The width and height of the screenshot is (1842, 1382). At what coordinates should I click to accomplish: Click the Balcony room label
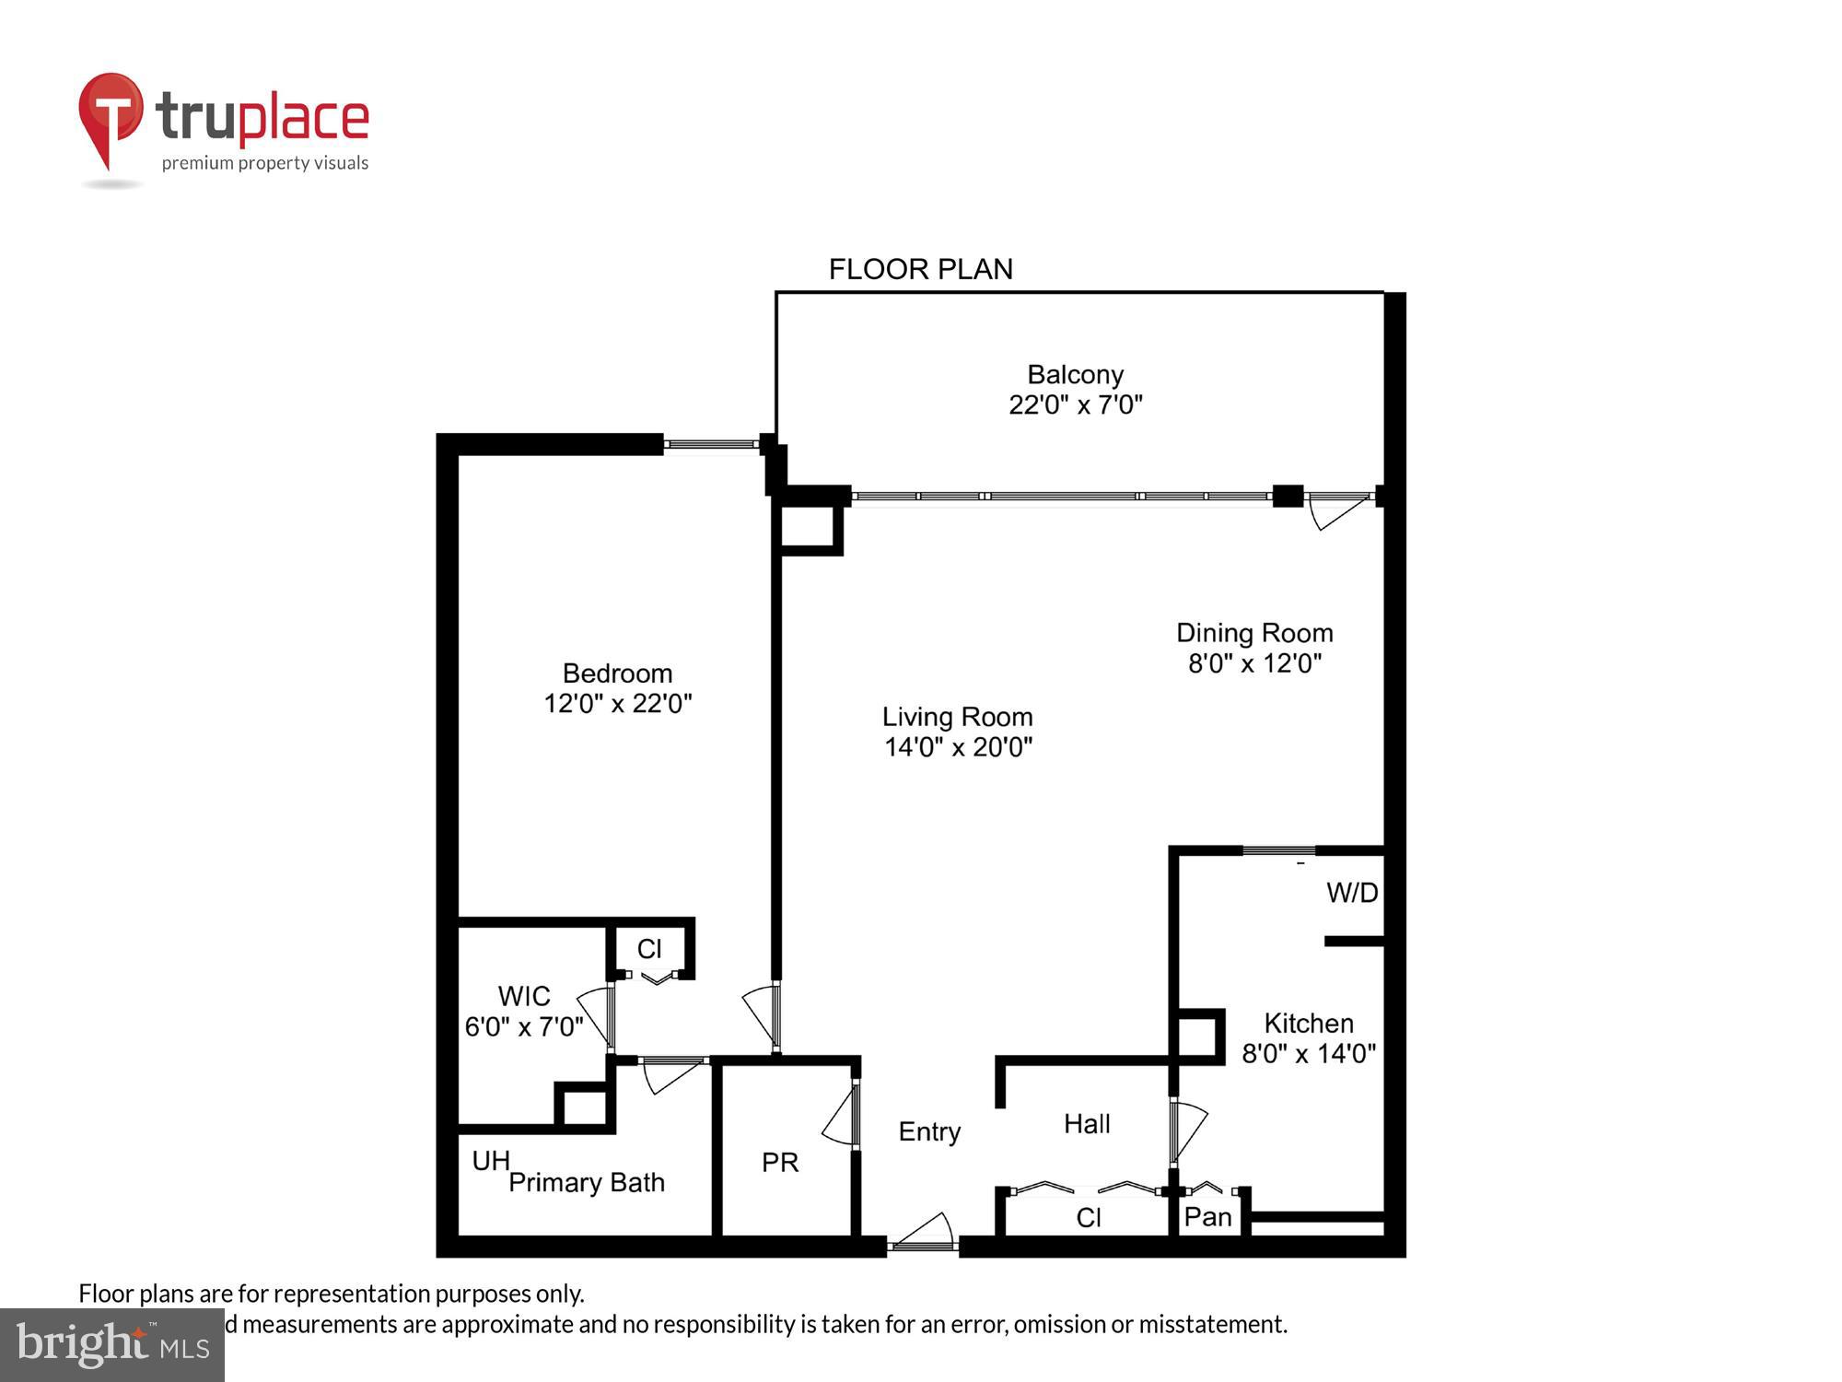click(1075, 375)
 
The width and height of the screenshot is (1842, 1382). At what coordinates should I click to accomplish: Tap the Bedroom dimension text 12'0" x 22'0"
click(617, 704)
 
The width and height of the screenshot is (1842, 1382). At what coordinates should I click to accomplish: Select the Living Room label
click(957, 717)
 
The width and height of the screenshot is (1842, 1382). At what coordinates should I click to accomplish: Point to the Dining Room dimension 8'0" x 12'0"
click(1254, 663)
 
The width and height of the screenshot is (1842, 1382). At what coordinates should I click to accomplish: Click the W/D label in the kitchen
click(1351, 892)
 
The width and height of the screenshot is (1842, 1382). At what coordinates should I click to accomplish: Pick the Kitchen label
click(1308, 1023)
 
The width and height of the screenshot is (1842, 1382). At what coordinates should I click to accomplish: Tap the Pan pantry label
click(1207, 1217)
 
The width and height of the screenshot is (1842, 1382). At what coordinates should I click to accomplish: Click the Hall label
click(1087, 1123)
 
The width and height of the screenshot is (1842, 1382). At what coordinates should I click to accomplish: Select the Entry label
click(929, 1131)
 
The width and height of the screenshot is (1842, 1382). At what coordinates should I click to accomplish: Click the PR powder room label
click(780, 1163)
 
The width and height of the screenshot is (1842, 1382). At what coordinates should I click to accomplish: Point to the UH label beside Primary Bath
click(491, 1161)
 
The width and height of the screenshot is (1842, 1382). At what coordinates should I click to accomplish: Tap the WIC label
click(524, 996)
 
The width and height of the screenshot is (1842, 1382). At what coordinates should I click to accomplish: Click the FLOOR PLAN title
click(920, 269)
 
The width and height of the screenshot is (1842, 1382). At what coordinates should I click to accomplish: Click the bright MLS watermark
click(112, 1345)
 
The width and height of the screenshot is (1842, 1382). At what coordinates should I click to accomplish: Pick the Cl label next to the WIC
click(649, 949)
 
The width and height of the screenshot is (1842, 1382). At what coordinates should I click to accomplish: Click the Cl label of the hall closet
click(1088, 1218)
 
